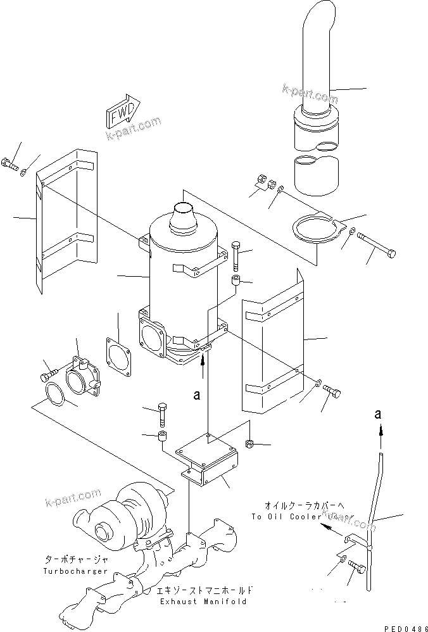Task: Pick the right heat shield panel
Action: [272, 342]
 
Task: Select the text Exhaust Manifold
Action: [203, 602]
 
